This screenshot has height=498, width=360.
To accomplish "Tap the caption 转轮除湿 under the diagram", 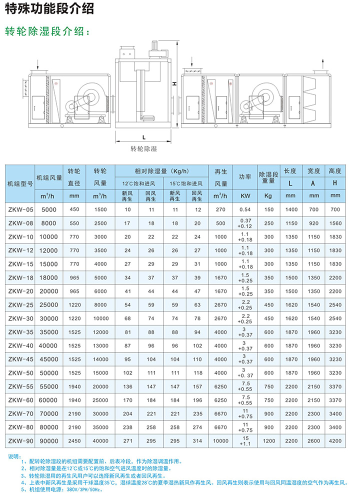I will click(144, 148).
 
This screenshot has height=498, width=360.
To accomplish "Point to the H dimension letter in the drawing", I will click(174, 84).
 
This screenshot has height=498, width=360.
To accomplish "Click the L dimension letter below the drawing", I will click(143, 136).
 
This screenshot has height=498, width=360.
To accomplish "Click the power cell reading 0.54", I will click(245, 210).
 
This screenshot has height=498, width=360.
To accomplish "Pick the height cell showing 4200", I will click(335, 440).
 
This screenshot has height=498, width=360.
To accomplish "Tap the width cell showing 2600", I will click(314, 440).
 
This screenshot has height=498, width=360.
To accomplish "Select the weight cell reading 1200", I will click(269, 440).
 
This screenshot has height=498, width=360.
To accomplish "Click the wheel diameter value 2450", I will click(74, 440).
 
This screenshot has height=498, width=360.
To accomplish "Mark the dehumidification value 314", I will click(197, 440).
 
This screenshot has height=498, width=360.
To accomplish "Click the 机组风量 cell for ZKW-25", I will click(49, 304).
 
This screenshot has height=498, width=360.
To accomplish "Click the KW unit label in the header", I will click(245, 195).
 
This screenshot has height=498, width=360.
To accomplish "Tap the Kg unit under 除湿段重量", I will click(269, 195).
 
